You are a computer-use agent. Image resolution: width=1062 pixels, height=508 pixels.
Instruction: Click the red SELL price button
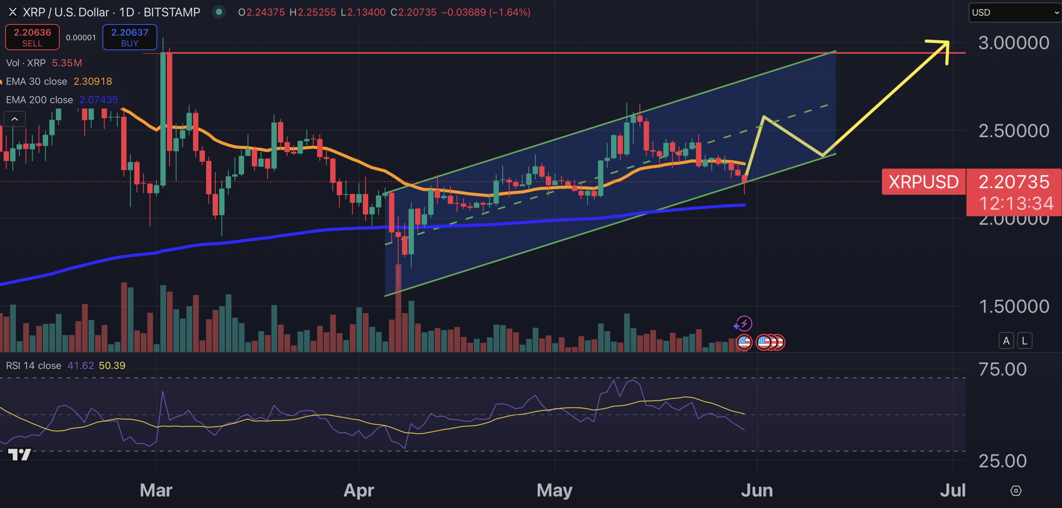point(32,37)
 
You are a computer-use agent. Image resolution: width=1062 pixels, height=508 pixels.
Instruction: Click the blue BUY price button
point(129,37)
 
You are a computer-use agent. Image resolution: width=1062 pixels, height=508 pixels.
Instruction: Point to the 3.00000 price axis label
point(1013,43)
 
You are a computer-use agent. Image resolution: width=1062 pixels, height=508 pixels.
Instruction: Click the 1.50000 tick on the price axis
point(1013,306)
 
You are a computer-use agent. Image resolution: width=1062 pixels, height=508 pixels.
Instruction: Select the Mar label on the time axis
point(156,490)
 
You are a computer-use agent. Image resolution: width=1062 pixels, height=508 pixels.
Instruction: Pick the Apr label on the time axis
point(359,490)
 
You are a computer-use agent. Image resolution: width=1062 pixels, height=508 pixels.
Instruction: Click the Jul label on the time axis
point(952,490)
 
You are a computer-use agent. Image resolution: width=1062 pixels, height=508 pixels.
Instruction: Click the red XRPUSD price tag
point(923,182)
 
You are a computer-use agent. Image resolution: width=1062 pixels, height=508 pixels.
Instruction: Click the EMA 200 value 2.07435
point(99,100)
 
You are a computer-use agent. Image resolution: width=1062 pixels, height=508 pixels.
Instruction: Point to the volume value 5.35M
point(67,63)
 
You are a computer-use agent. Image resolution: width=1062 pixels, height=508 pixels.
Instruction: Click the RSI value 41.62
point(80,365)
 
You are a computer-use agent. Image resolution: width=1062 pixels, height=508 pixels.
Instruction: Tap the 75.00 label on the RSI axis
point(1002,369)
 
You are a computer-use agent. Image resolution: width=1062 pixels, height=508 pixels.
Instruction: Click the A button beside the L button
point(1006,341)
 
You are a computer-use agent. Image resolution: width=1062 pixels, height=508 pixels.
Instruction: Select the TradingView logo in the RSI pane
point(19,454)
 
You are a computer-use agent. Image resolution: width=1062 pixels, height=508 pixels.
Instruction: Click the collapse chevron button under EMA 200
point(14,119)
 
